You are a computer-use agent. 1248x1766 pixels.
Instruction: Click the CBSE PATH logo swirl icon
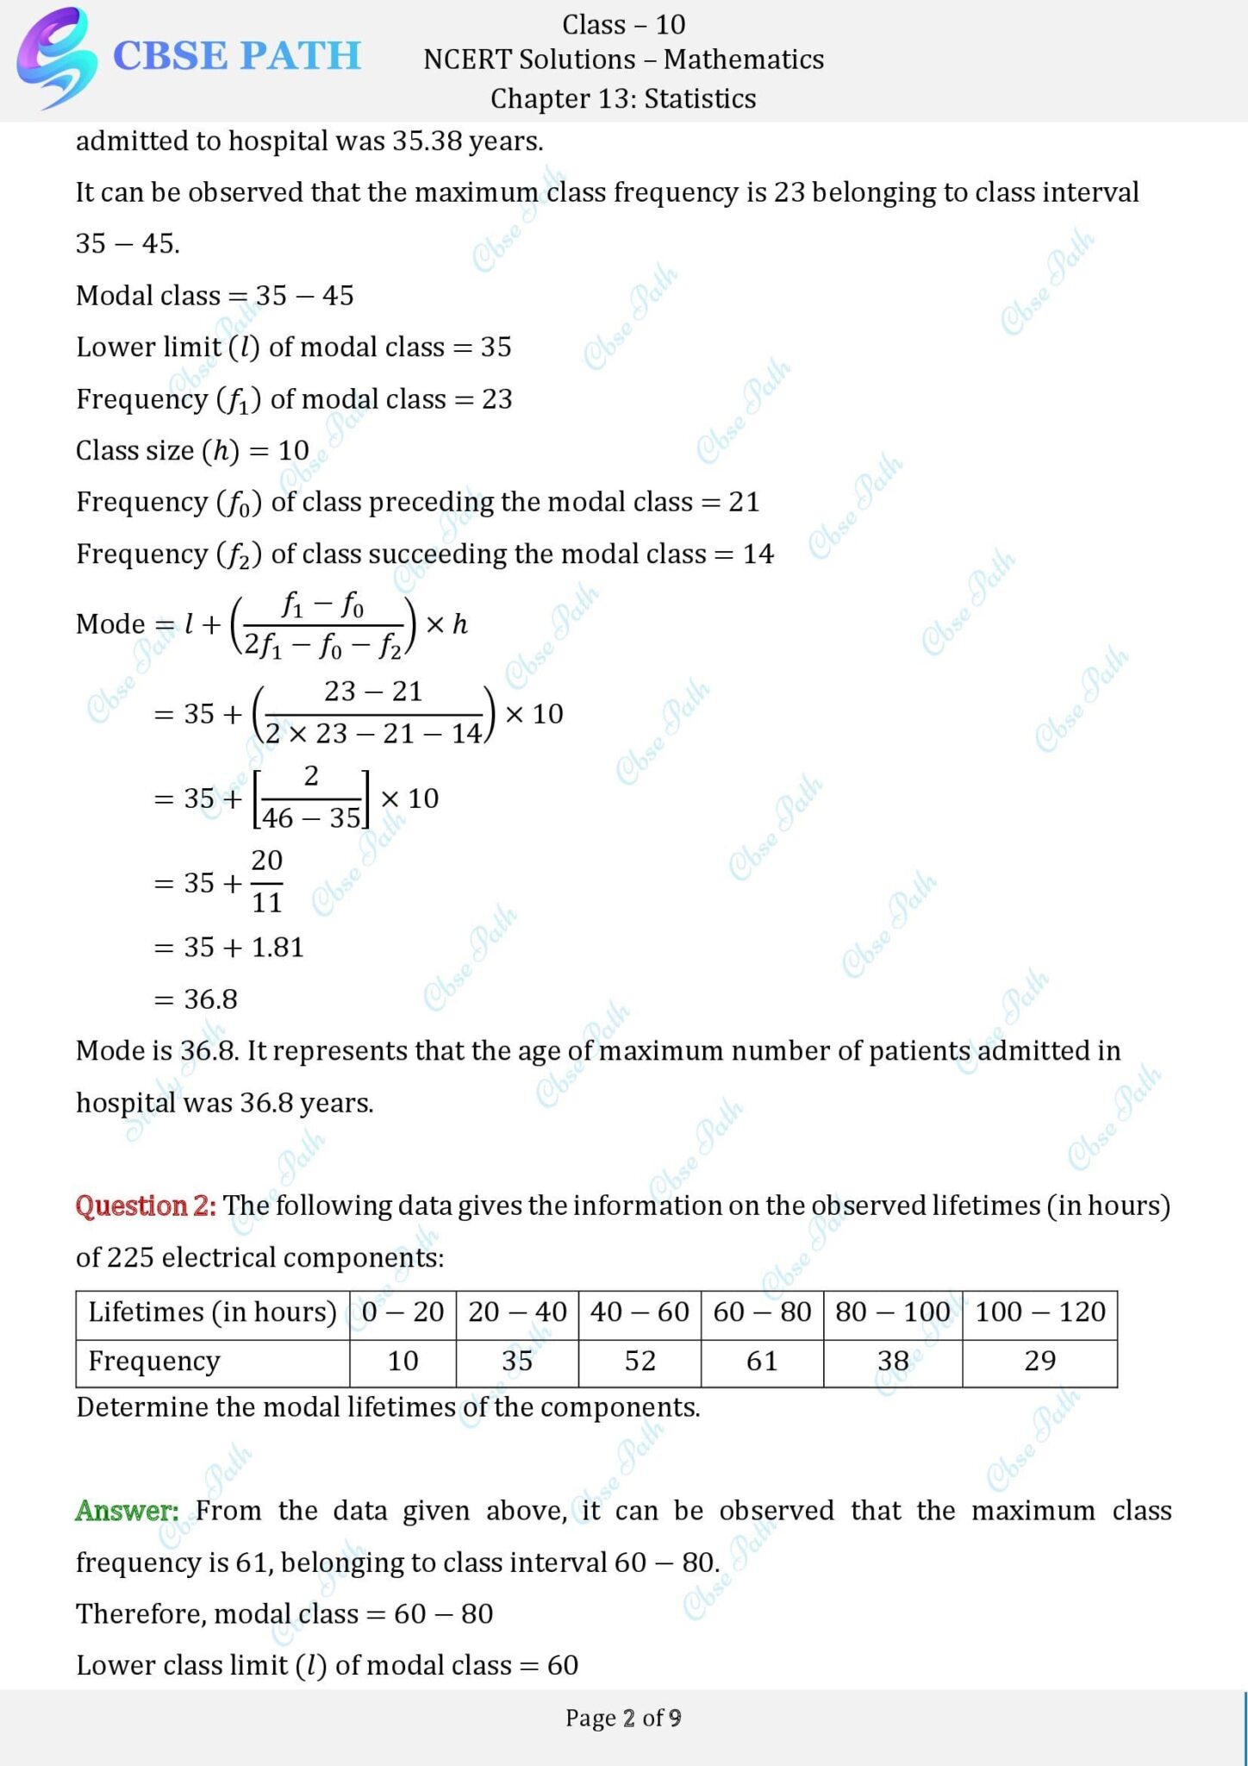[53, 57]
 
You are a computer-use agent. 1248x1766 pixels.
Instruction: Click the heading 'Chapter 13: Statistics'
[623, 98]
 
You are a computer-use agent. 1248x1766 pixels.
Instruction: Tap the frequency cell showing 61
[762, 1361]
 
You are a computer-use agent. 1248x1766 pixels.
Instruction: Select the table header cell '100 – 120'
[1039, 1312]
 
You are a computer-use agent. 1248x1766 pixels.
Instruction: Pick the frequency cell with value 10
[402, 1361]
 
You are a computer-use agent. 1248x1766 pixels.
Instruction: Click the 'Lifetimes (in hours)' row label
[212, 1312]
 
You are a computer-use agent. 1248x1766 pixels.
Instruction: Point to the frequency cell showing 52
[640, 1361]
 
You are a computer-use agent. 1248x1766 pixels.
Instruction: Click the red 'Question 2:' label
[146, 1206]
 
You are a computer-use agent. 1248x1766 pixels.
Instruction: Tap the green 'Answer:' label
[127, 1511]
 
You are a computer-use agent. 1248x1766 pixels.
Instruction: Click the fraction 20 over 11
[266, 881]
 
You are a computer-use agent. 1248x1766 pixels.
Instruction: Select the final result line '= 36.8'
[196, 999]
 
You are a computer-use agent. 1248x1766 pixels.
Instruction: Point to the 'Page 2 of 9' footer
[623, 1718]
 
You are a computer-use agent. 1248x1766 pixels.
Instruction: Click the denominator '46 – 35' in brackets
[311, 817]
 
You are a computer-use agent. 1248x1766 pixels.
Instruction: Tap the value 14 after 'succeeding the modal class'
[758, 554]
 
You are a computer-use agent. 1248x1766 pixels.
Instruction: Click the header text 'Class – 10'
[623, 24]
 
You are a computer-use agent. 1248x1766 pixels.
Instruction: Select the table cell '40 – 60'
[640, 1312]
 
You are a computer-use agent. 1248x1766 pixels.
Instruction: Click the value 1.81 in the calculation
[278, 948]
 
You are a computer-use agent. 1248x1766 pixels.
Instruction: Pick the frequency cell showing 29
[1039, 1361]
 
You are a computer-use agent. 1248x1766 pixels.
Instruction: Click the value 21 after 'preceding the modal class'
[744, 502]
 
